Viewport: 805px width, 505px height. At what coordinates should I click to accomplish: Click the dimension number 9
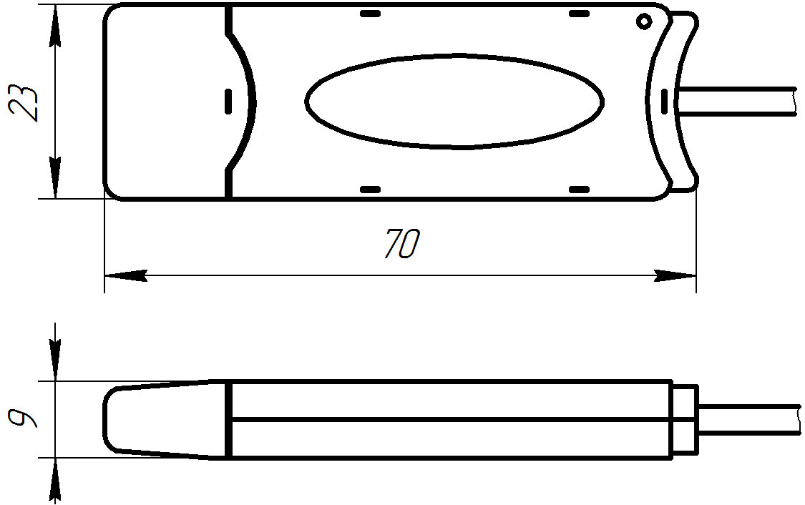(x=23, y=419)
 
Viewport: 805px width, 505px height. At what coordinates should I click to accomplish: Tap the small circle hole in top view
(x=644, y=21)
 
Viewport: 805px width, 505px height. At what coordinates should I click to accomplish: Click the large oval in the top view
(x=454, y=101)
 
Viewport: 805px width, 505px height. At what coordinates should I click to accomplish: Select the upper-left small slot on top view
(x=370, y=14)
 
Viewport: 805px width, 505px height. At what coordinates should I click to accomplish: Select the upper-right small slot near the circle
(x=579, y=14)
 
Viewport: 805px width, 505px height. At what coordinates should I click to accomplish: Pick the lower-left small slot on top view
(x=370, y=190)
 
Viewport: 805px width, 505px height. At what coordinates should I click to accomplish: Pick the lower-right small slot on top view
(x=579, y=190)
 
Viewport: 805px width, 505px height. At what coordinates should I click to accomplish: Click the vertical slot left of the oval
(x=228, y=101)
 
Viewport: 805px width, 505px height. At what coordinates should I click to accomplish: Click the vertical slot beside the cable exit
(x=664, y=101)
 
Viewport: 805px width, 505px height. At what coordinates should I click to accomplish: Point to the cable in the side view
(x=748, y=419)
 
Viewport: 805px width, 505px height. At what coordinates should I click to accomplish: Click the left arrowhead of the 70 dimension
(x=126, y=275)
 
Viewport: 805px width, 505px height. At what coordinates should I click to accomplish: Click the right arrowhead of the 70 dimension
(x=675, y=275)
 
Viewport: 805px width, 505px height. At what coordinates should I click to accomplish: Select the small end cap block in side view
(x=685, y=419)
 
